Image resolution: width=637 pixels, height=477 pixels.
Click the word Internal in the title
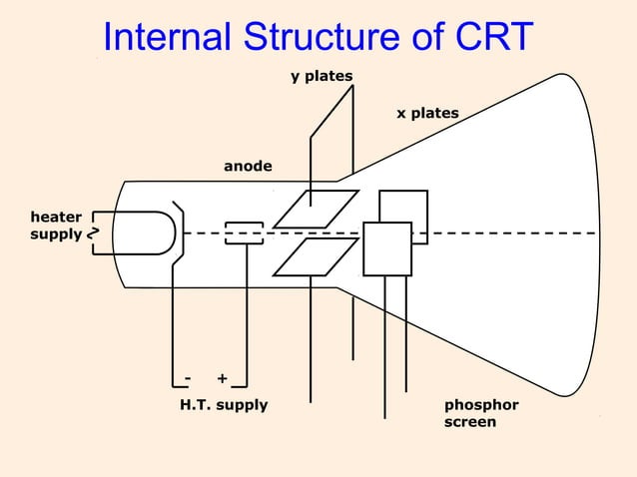tap(165, 38)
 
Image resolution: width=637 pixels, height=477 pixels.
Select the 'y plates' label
tap(321, 77)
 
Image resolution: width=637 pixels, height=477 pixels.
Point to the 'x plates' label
tap(427, 114)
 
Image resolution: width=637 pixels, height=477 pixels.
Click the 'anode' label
tap(248, 166)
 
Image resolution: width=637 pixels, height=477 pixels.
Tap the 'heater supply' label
tap(56, 226)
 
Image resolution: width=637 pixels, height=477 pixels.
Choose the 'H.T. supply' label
tap(224, 405)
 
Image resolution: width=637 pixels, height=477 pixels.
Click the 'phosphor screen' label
tap(480, 414)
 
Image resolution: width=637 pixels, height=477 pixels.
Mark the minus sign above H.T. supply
tap(187, 378)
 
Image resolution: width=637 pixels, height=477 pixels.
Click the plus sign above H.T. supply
tap(222, 378)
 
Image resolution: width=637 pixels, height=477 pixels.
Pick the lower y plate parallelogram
tap(316, 256)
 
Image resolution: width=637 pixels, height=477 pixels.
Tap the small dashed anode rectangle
tap(244, 233)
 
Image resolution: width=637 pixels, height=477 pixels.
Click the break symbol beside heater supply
tap(92, 234)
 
